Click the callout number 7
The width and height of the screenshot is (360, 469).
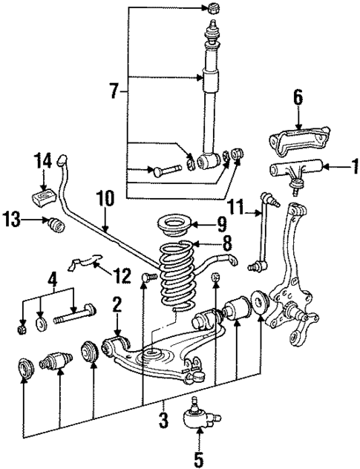click(x=114, y=91)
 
